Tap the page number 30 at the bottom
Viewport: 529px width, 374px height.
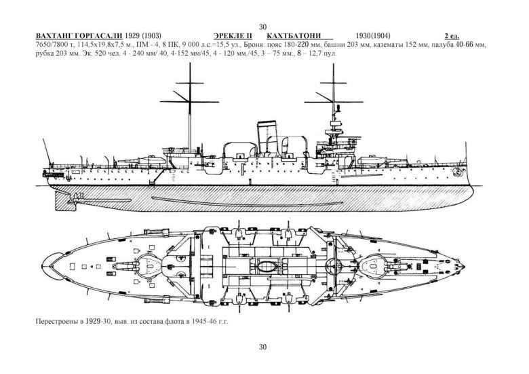coord(264,348)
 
